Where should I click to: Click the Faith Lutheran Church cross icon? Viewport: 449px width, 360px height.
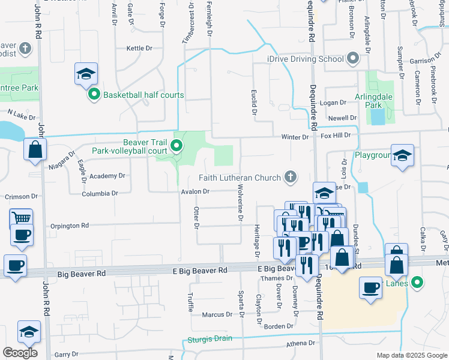coord(291,176)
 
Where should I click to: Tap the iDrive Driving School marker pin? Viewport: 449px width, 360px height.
coord(352,59)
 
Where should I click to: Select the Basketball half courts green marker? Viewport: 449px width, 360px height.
coord(94,95)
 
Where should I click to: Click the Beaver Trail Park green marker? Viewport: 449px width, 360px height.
coord(176,146)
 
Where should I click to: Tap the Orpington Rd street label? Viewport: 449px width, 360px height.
coord(70,226)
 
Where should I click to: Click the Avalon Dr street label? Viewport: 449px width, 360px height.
coord(195,192)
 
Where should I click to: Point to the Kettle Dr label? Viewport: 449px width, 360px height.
coord(139,48)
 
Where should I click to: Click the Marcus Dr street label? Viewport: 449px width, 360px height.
coord(217,314)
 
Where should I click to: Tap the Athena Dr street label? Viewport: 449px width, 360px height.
coord(300,343)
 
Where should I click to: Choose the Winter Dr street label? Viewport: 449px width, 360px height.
coord(295,137)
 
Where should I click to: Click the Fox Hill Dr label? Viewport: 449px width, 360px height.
coord(335,136)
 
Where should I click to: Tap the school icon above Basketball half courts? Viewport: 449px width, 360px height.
coord(86,74)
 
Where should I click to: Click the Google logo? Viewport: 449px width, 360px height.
coord(20,352)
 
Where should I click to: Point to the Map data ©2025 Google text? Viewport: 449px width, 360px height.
coord(412,355)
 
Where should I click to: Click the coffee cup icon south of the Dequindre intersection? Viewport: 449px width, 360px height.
coord(370,288)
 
